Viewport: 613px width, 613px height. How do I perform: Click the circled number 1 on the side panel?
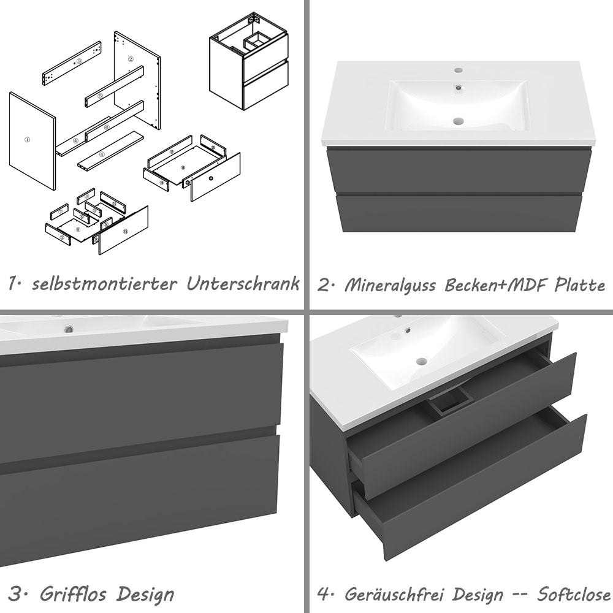click(26, 140)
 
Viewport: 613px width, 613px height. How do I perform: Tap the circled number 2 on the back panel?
click(131, 59)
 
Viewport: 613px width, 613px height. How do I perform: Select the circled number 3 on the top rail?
click(79, 61)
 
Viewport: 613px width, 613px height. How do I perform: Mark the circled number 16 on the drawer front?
click(126, 232)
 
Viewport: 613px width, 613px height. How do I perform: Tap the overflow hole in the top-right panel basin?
click(457, 88)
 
